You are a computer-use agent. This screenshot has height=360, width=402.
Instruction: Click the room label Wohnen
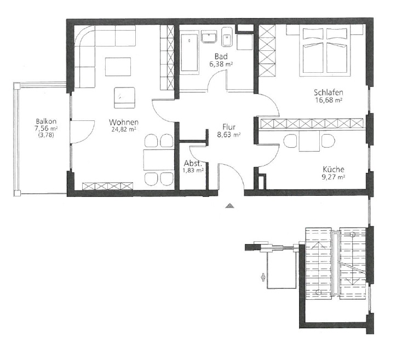pos(124,122)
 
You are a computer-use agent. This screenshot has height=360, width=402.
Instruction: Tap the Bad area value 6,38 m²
pos(221,64)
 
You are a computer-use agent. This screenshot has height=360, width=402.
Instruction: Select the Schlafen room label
pos(329,92)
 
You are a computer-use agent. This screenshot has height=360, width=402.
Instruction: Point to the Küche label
pos(334,169)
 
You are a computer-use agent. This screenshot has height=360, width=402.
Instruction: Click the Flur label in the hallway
pos(229,127)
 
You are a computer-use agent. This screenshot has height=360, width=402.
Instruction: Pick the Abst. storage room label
pos(193,164)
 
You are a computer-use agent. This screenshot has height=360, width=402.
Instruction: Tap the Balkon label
pos(46,121)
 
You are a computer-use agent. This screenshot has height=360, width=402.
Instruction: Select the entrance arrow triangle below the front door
pos(229,205)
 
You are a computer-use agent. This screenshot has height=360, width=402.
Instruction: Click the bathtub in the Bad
pos(189,53)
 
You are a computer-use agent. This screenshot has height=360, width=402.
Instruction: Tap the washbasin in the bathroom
pos(210,37)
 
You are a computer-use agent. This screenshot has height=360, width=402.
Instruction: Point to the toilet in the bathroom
pos(227,37)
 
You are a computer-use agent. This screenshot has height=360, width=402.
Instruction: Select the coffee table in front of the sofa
pos(118,67)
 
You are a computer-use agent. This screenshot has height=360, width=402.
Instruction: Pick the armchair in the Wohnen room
pos(124,97)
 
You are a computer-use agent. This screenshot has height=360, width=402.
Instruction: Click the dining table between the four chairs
pos(159,160)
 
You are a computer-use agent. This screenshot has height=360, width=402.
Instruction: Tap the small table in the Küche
pos(309,141)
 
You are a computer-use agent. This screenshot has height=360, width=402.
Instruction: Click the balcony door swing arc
pos(88,135)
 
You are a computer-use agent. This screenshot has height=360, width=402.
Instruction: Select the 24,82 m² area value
pos(124,130)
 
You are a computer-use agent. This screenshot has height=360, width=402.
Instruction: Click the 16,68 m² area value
pos(329,100)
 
